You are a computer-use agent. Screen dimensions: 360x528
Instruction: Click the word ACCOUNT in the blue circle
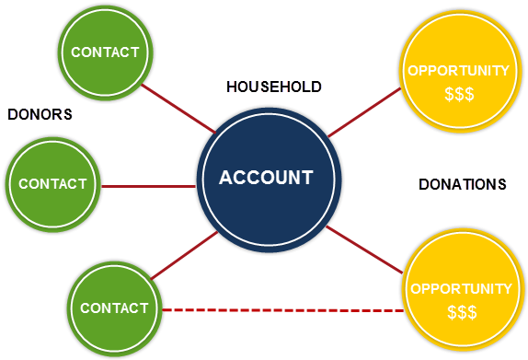pos(266,178)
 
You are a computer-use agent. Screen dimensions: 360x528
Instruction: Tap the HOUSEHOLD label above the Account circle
pos(274,87)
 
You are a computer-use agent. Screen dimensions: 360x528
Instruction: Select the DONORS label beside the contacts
pos(40,114)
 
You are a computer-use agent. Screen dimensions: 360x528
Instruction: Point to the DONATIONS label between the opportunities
pos(462,185)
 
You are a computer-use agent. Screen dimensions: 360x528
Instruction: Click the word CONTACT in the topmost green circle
pos(105,52)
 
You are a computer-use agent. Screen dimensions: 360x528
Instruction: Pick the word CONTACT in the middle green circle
pos(52,184)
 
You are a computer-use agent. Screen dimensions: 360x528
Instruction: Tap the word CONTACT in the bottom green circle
pos(114,308)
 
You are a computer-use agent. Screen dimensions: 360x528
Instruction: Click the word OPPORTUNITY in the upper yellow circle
pos(458,71)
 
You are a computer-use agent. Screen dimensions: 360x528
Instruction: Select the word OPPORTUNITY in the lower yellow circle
pos(461,289)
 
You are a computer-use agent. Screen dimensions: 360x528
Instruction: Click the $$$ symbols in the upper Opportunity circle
pos(458,94)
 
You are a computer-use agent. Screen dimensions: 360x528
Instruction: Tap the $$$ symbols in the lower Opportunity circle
pos(460,312)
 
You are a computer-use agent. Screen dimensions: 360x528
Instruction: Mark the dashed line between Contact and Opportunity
pos(283,310)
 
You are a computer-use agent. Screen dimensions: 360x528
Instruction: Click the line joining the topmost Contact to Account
pos(178,109)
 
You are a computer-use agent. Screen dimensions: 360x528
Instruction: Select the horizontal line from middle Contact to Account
pos(147,185)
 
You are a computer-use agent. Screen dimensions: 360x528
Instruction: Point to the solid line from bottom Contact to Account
pos(184,256)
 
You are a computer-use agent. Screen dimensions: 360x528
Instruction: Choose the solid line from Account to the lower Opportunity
pos(365,250)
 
